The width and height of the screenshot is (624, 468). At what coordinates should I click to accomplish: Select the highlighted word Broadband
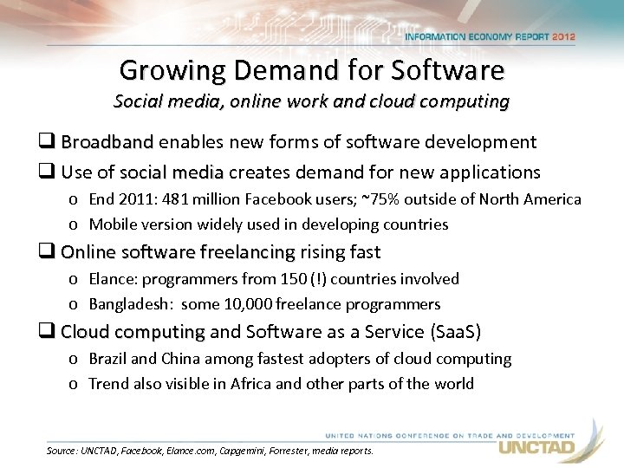[x=107, y=142]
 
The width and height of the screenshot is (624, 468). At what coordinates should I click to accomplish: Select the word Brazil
[x=108, y=359]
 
